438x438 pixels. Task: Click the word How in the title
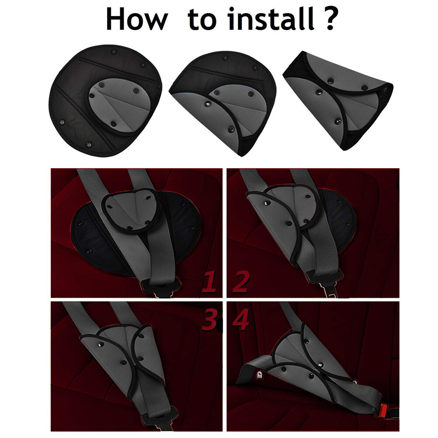(x=136, y=19)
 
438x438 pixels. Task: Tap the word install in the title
(x=271, y=18)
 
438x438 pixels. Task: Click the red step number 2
(x=241, y=282)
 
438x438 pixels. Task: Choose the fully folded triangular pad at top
(x=338, y=101)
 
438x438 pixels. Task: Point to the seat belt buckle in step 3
(x=159, y=417)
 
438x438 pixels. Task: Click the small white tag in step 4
(x=260, y=374)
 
